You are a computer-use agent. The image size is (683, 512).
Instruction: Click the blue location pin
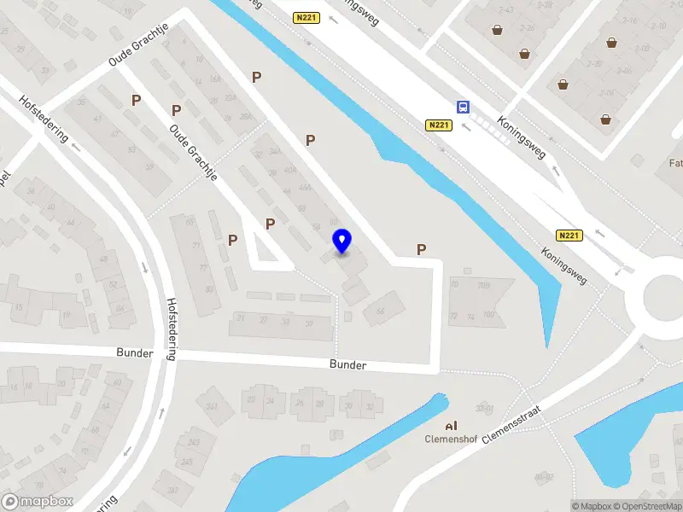pos(342,241)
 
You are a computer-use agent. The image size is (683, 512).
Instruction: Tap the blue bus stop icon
pos(463,107)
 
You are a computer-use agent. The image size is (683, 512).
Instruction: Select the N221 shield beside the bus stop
pos(438,125)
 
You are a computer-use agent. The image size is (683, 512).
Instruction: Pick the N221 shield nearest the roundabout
pos(569,236)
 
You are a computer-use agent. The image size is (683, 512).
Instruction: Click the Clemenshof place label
pos(450,441)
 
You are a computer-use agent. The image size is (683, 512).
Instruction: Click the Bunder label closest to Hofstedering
pos(135,352)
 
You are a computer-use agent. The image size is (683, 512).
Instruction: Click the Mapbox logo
pos(38,502)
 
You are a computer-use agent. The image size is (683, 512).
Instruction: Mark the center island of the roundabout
pos(667,299)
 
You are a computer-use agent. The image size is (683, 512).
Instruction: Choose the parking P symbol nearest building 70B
pos(421,249)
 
